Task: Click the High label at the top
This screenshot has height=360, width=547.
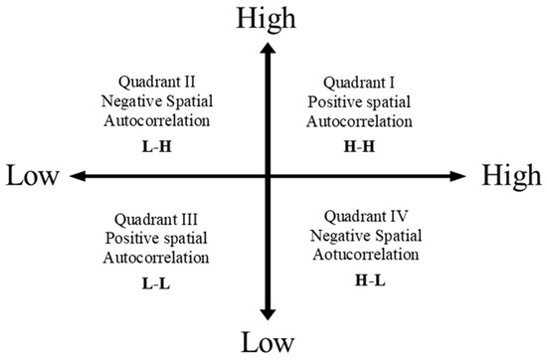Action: click(267, 17)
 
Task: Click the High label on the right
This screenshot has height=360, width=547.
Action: click(511, 175)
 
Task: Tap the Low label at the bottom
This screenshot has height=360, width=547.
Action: click(267, 343)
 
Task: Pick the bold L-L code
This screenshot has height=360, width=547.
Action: click(160, 283)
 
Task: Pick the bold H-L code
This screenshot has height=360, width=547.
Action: click(369, 281)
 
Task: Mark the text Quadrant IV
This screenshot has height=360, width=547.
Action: click(369, 215)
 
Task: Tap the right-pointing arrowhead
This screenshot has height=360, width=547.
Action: click(458, 176)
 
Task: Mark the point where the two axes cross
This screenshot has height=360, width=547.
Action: click(267, 176)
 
